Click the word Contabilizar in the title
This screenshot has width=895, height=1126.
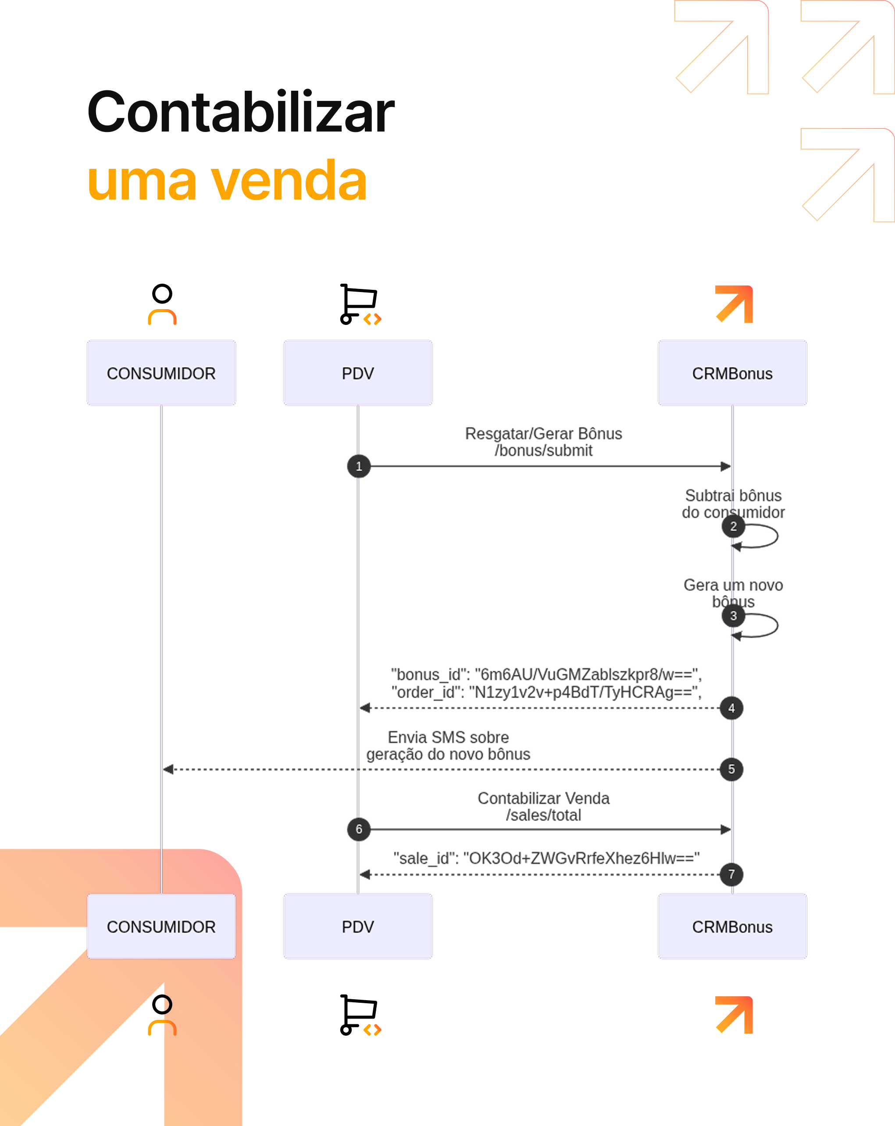point(241,112)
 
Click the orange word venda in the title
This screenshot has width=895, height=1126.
point(289,181)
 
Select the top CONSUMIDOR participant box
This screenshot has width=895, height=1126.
point(161,373)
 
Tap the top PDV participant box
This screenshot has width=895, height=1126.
point(358,373)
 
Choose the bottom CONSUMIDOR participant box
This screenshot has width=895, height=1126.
point(161,926)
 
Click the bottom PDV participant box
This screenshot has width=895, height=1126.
point(358,926)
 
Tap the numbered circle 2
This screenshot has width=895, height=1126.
point(733,527)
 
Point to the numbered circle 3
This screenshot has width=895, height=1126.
point(733,616)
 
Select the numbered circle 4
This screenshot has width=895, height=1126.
point(731,708)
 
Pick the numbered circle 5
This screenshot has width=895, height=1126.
point(731,769)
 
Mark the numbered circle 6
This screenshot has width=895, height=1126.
point(359,829)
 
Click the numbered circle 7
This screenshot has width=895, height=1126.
point(731,874)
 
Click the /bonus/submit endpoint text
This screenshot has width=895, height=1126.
point(544,450)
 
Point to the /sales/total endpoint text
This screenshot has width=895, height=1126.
point(544,815)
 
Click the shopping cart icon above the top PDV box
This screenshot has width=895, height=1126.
point(360,304)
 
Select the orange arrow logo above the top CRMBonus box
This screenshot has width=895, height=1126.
point(734,304)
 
